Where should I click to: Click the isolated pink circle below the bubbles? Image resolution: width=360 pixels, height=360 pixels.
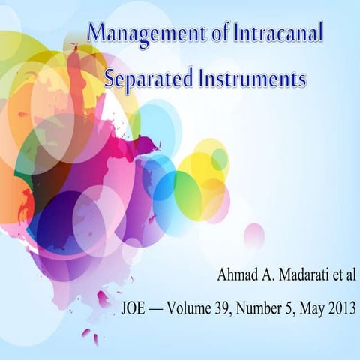coord(254,236)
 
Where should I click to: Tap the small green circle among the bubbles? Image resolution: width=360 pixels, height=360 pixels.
coord(219,158)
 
